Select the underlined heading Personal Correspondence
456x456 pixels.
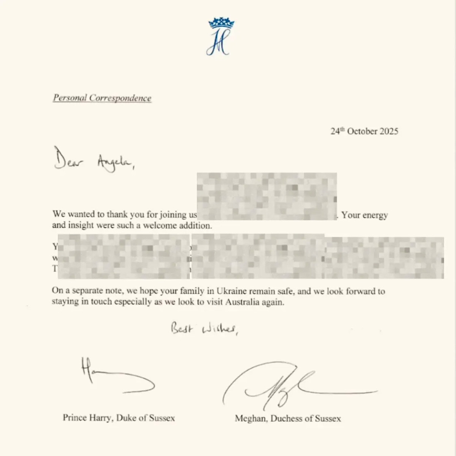102,98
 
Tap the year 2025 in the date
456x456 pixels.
389,131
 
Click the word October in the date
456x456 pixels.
362,131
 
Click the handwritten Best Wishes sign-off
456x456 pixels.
204,328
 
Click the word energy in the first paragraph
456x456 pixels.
375,215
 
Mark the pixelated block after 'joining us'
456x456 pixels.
267,196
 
